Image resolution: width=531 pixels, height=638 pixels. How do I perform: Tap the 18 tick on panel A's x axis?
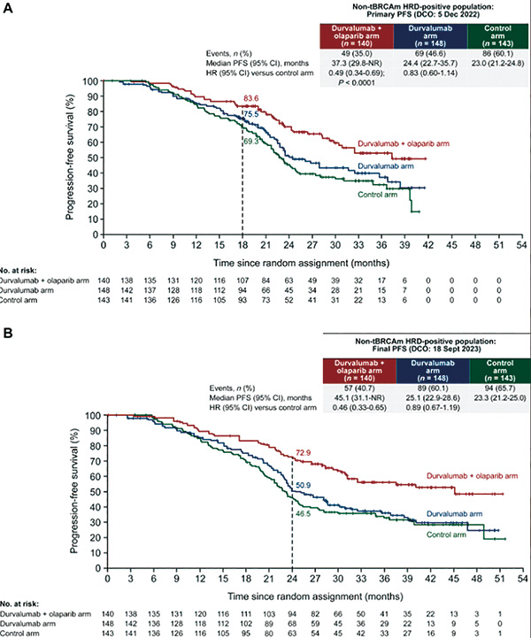(x=242, y=246)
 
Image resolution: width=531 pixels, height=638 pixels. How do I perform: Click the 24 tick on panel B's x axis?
(x=291, y=579)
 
